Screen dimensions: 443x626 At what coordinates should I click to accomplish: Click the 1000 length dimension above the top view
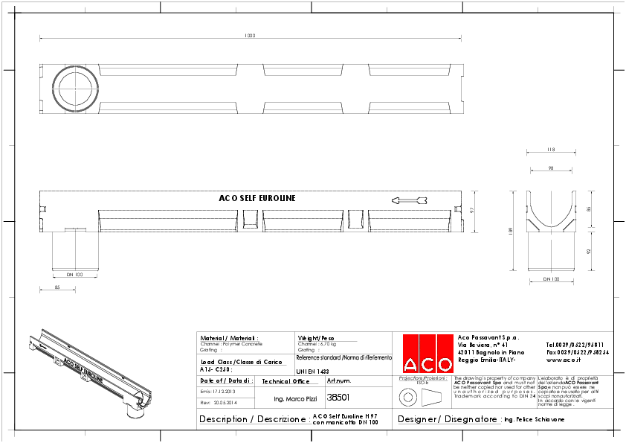pyautogui.click(x=249, y=36)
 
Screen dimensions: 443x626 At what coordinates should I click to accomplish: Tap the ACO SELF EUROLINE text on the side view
pyautogui.click(x=257, y=199)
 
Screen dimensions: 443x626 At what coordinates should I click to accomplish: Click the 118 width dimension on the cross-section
pyautogui.click(x=551, y=149)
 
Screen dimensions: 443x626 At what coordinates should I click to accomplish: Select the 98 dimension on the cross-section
pyautogui.click(x=551, y=169)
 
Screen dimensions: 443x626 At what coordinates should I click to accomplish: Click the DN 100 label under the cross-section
pyautogui.click(x=551, y=279)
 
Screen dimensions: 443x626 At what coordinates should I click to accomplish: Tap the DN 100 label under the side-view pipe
pyautogui.click(x=75, y=275)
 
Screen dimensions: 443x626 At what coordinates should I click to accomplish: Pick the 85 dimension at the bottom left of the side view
pyautogui.click(x=57, y=287)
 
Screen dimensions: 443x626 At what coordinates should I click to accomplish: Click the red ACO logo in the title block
pyautogui.click(x=427, y=354)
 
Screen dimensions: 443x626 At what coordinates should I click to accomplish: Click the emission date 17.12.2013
pyautogui.click(x=222, y=391)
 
